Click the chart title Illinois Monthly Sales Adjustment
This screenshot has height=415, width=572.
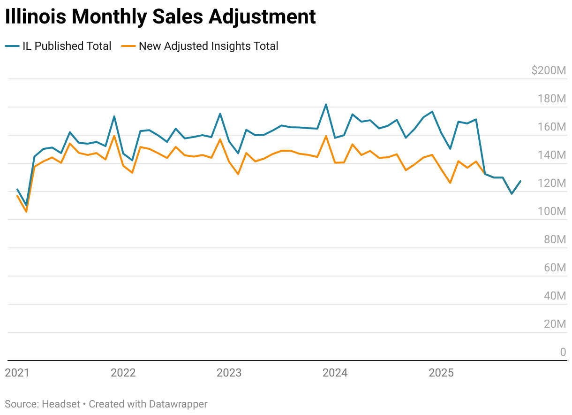[160, 17]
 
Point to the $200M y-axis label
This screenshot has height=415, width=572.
[549, 71]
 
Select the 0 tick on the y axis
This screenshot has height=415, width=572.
[563, 353]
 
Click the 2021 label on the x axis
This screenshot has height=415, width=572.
[17, 373]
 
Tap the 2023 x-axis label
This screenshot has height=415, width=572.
[229, 373]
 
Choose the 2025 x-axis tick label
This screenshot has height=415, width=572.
[441, 373]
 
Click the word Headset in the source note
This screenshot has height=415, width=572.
[61, 404]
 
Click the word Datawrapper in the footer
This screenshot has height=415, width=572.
[178, 404]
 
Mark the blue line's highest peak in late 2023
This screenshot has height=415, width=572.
[326, 104]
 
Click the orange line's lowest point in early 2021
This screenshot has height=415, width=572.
[26, 212]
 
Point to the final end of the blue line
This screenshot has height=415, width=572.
[520, 181]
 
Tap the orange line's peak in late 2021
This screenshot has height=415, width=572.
[114, 136]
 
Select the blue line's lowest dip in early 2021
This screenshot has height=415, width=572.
[26, 206]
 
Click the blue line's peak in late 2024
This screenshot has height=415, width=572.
[432, 112]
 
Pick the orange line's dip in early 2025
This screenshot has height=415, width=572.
[450, 183]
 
